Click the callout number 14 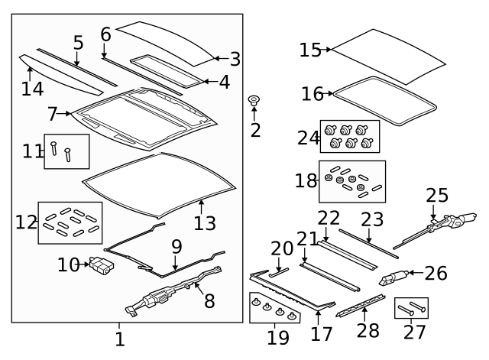pyautogui.click(x=32, y=89)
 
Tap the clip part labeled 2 pyautogui.click(x=254, y=100)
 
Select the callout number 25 pyautogui.click(x=437, y=195)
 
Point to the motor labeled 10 pyautogui.click(x=102, y=266)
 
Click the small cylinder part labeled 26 pyautogui.click(x=393, y=277)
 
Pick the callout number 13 pyautogui.click(x=205, y=223)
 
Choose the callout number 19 pyautogui.click(x=278, y=337)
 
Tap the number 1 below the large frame pyautogui.click(x=120, y=339)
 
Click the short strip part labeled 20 pyautogui.click(x=279, y=272)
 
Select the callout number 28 pyautogui.click(x=368, y=330)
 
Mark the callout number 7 pyautogui.click(x=52, y=114)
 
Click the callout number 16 pyautogui.click(x=313, y=93)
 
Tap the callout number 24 pyautogui.click(x=309, y=138)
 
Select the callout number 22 pyautogui.click(x=329, y=218)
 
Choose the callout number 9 pyautogui.click(x=176, y=247)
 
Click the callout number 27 pyautogui.click(x=414, y=332)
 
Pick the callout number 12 pyautogui.click(x=26, y=222)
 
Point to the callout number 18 pyautogui.click(x=306, y=180)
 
